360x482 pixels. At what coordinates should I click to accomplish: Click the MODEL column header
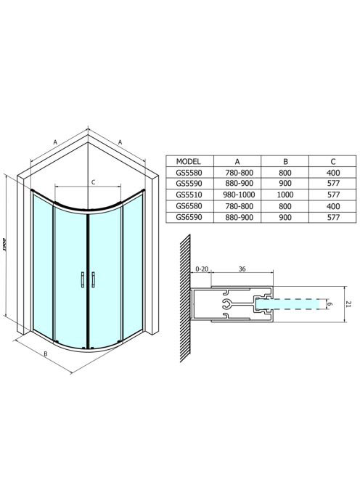pos(188,161)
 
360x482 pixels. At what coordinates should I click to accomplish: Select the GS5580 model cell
pos(189,173)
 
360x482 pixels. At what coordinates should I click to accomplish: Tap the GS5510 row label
pos(189,195)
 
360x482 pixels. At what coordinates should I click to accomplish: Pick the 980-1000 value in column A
pos(240,195)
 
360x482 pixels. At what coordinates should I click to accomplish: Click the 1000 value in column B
pos(285,195)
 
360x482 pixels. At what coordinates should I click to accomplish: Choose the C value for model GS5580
pos(333,173)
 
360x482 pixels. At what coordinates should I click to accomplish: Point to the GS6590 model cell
pos(189,217)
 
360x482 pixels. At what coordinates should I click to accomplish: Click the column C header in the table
pos(333,161)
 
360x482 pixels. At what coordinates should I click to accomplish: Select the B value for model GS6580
pos(285,206)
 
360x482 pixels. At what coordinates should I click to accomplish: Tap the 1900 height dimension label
pos(4,245)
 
